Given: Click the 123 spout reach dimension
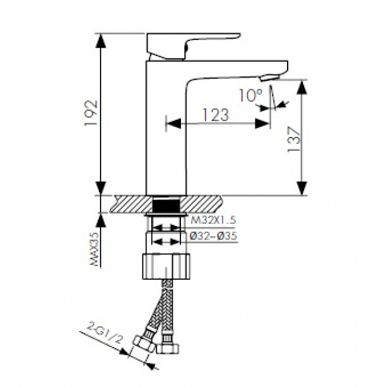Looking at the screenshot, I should pyautogui.click(x=216, y=116).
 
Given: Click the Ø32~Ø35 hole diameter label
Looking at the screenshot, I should pyautogui.click(x=214, y=236).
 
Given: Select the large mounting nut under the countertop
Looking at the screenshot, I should pyautogui.click(x=167, y=265).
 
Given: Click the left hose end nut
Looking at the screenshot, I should pyautogui.click(x=145, y=345).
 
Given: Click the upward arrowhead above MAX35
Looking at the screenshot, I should pyautogui.click(x=102, y=219).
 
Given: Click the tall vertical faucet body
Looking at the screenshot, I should pyautogui.click(x=167, y=131).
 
